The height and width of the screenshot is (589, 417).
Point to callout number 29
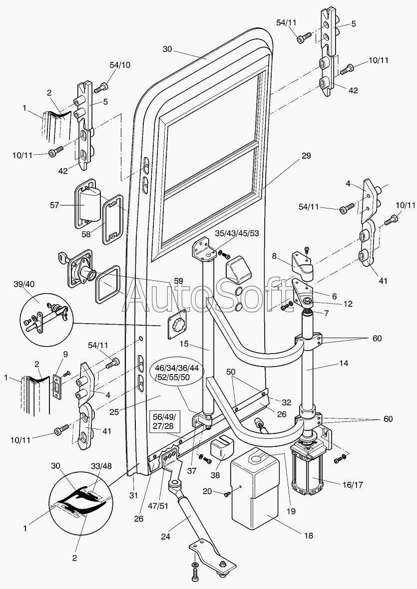306,156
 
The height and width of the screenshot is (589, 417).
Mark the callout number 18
309,536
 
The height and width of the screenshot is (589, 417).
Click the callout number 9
64,355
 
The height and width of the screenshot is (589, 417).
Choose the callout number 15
183,345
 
